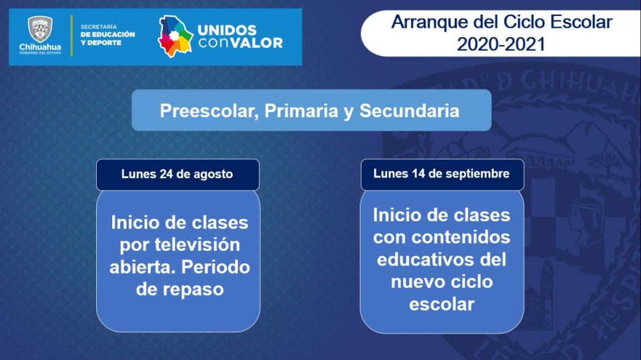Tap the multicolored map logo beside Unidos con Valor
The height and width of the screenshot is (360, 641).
[x=175, y=36]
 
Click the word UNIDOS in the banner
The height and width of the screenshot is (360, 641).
[x=227, y=30]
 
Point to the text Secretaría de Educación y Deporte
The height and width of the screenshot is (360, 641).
[x=107, y=35]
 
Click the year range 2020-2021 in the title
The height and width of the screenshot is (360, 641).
[x=500, y=44]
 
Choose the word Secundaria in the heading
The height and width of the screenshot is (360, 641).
[x=410, y=110]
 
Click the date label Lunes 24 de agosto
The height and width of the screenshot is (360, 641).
[x=177, y=174]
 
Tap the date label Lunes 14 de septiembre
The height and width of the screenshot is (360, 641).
[x=441, y=173]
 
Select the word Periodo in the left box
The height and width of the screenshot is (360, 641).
[x=216, y=267]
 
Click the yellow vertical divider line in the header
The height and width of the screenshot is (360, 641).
[x=72, y=36]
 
